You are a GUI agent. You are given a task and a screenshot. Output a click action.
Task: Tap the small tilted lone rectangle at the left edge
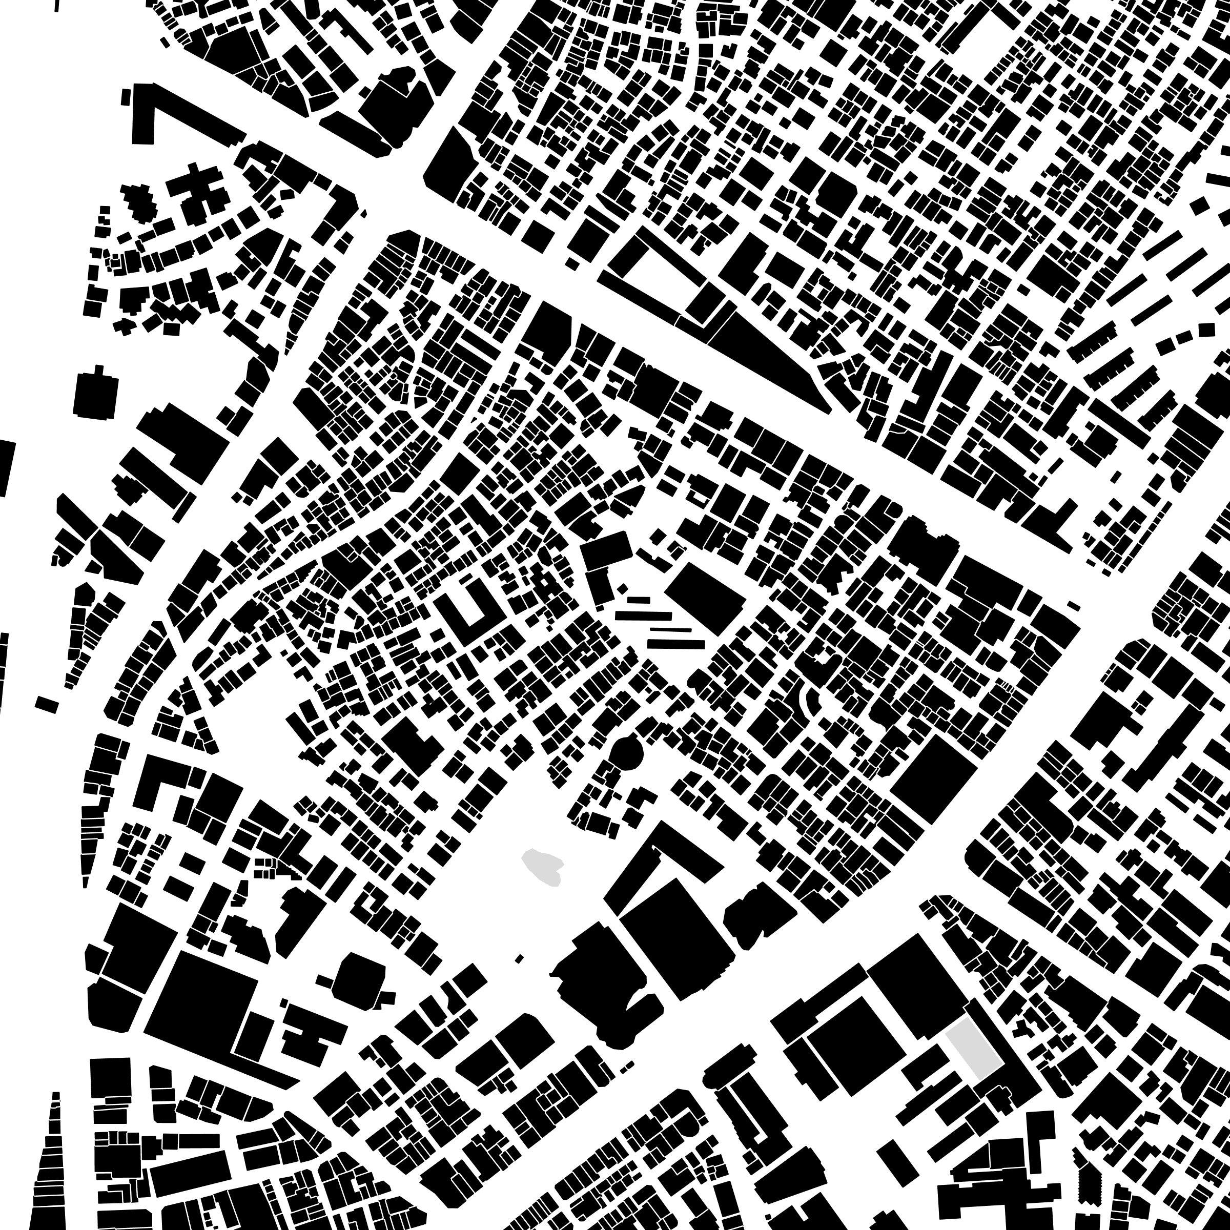pyautogui.click(x=47, y=704)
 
